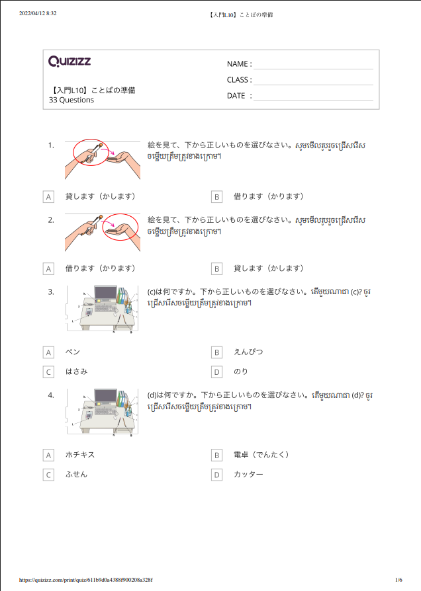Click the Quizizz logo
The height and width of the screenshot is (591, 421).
pos(70,61)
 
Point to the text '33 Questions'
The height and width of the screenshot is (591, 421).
pos(71,100)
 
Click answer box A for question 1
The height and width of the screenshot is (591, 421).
pos(48,196)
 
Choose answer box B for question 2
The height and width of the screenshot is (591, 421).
pos(216,268)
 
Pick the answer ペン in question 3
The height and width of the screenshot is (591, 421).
pos(73,352)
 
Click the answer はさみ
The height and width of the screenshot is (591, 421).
pos(76,372)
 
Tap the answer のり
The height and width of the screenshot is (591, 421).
pos(241,372)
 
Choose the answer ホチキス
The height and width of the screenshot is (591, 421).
pos(80,455)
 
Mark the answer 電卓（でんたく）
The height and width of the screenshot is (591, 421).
pos(261,455)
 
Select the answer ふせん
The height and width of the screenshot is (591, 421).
pos(76,475)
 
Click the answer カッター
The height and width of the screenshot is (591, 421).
pos(248,475)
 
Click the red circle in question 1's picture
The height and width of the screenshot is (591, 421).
pos(89,152)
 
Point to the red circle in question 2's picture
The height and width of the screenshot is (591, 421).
pos(121,226)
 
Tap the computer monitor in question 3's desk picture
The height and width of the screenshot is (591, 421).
pos(105,294)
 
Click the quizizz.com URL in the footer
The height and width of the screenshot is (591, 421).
pos(86,580)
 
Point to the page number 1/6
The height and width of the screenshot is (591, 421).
pos(398,580)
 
